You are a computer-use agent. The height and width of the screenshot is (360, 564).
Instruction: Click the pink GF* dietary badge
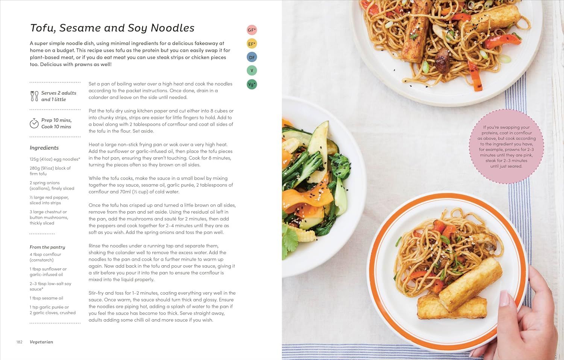point(252,30)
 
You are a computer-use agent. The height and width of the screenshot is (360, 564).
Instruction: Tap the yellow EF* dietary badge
point(252,44)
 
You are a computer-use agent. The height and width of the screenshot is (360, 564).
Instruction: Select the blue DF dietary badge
point(252,57)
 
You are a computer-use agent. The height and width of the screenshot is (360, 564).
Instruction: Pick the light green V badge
point(252,71)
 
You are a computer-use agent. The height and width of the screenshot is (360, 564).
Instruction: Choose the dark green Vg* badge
point(252,84)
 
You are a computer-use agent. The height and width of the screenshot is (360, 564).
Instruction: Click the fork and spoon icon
point(34,96)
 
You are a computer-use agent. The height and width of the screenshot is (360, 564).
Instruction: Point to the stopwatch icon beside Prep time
point(34,123)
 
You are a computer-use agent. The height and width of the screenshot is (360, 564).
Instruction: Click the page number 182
point(20,342)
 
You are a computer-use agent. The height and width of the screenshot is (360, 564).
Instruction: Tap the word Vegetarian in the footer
point(41,342)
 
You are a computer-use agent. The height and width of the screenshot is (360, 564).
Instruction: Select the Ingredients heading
point(44,147)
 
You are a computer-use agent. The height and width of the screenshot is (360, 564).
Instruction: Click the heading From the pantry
point(47,247)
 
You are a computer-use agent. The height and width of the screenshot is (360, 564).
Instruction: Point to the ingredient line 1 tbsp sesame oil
point(46,298)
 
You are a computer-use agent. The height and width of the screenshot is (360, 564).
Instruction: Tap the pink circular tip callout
point(506,146)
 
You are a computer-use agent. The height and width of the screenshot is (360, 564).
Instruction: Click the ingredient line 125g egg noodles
point(55,159)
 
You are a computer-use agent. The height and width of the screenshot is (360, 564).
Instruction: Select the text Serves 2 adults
point(59,93)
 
